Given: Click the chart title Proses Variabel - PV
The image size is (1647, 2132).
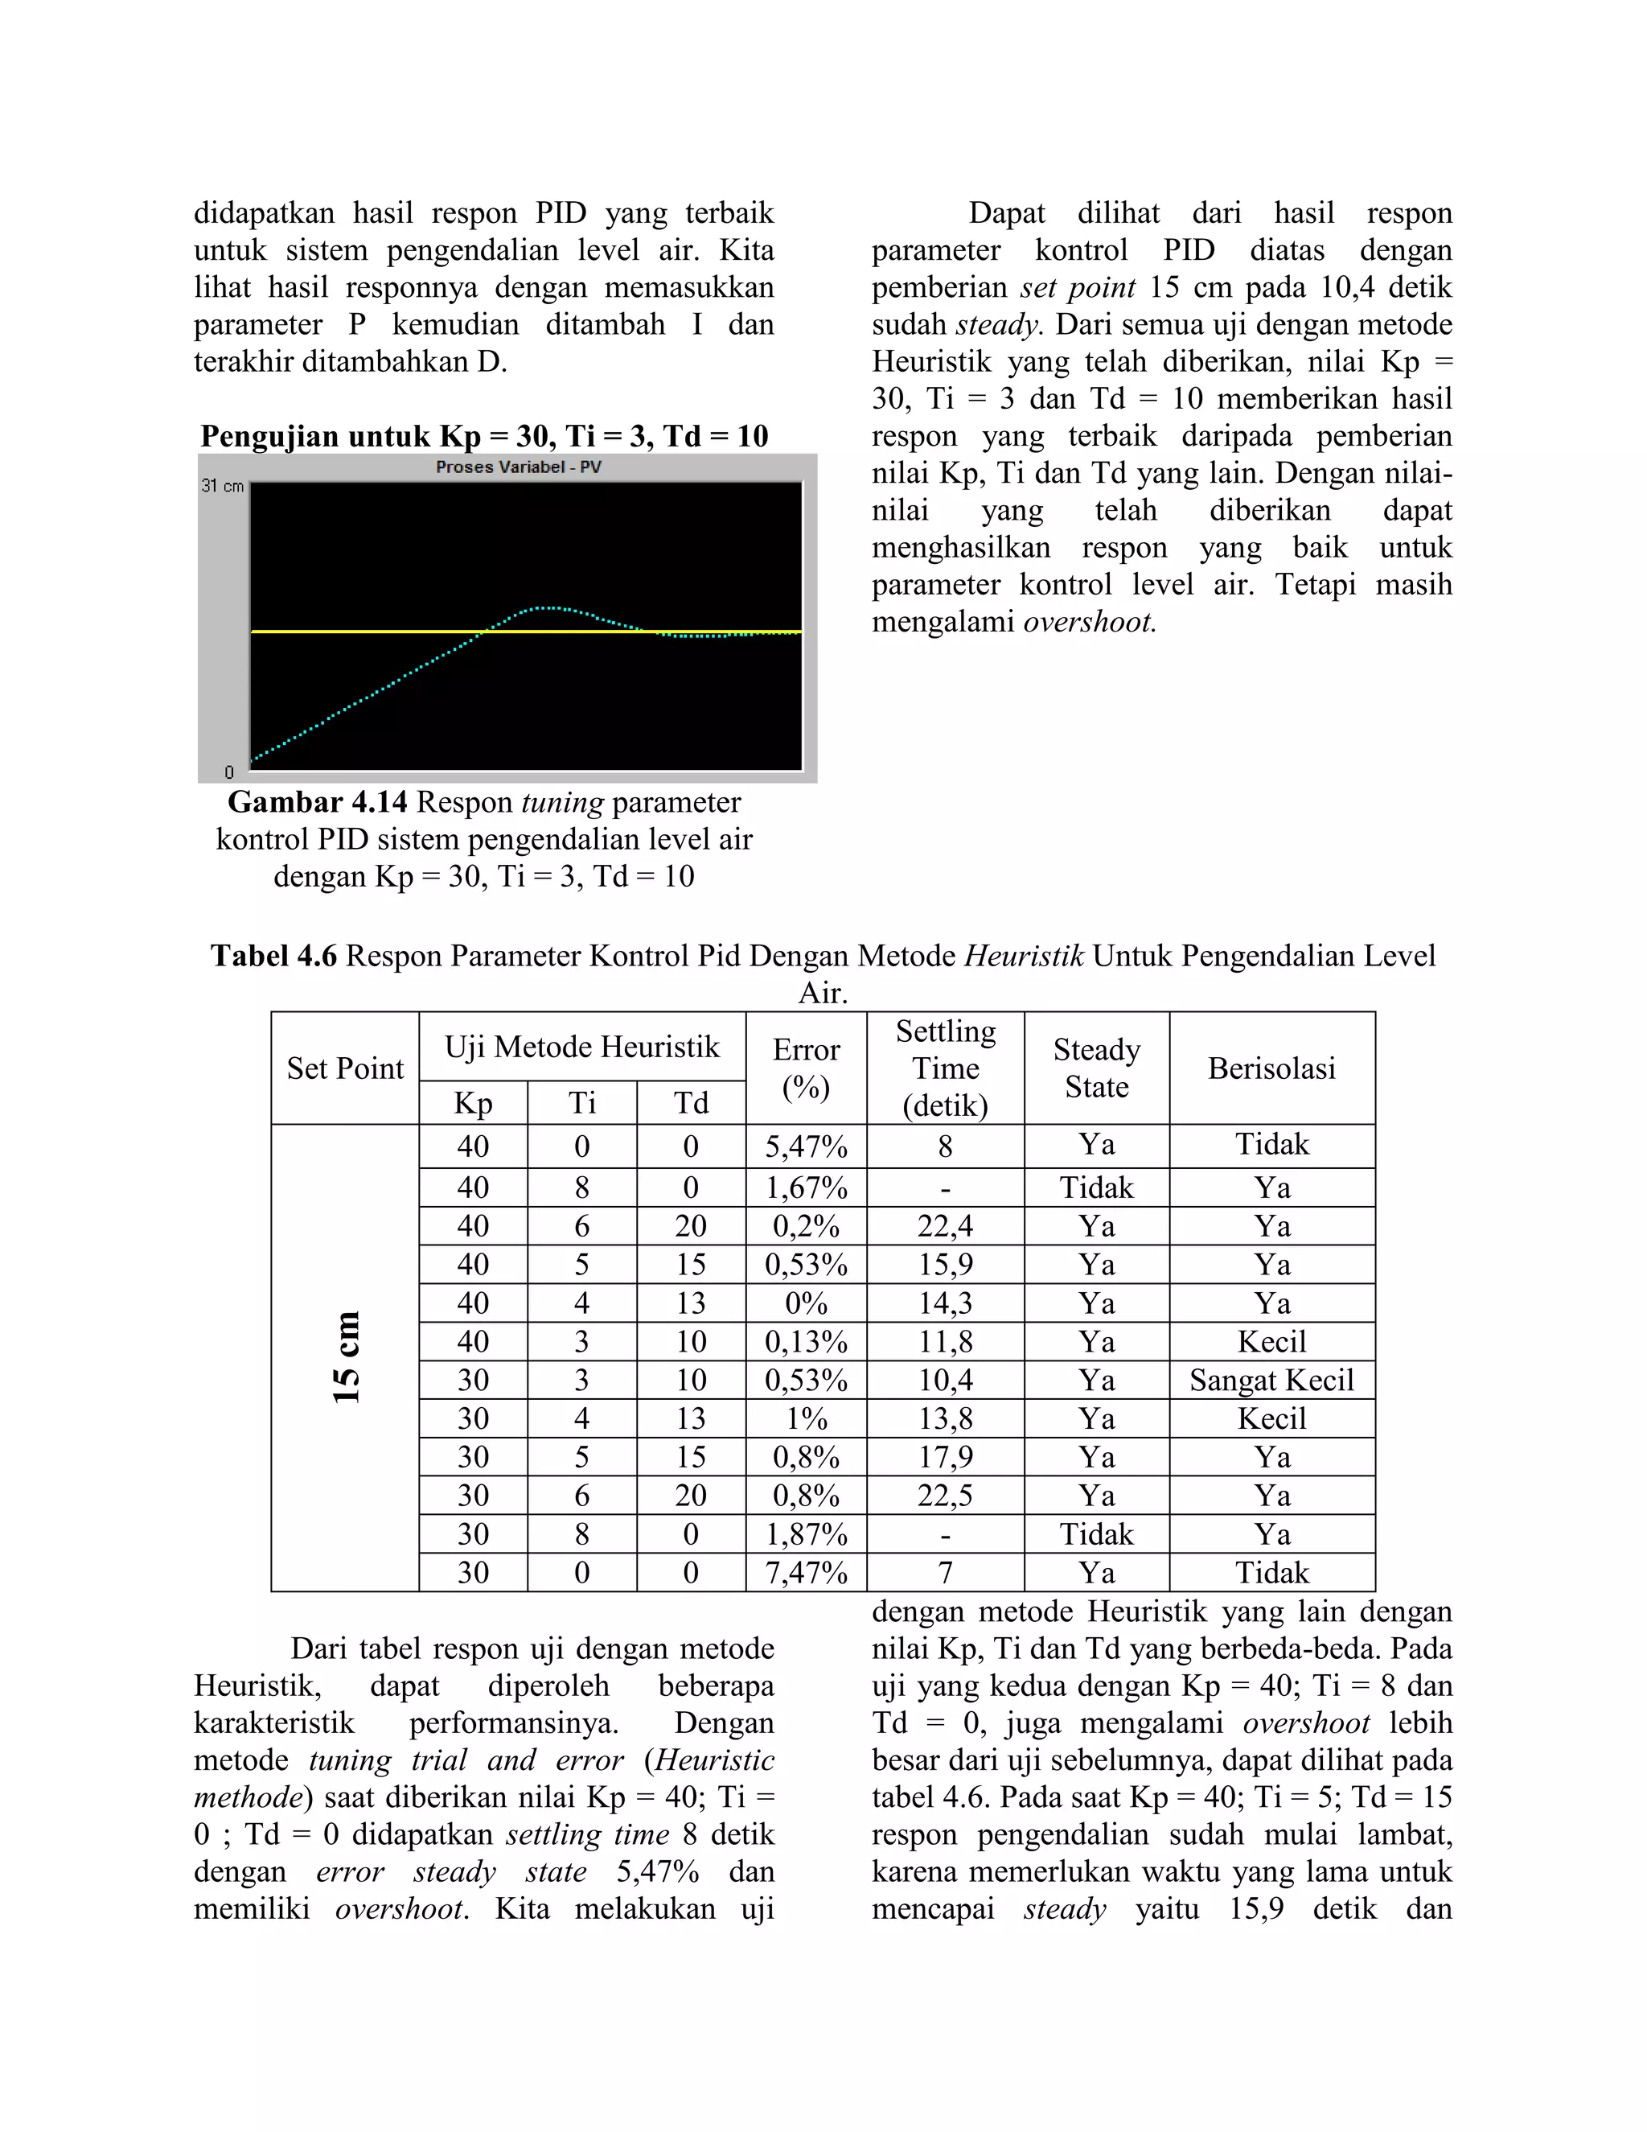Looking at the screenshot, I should pos(518,467).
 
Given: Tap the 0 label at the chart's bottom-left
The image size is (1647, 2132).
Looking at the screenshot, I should pos(229,772).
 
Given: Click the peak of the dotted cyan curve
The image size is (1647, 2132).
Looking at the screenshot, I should pos(548,607).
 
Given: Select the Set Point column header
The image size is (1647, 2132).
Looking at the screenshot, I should pos(344,1068).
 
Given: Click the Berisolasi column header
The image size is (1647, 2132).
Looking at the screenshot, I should pos(1271,1068).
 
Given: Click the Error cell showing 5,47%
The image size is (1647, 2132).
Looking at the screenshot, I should pos(805,1146).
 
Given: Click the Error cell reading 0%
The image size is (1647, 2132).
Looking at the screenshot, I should pos(805,1303).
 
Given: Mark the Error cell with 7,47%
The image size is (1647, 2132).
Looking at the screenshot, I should pos(805,1573).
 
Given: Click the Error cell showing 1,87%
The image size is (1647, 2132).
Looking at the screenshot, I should pos(805,1534).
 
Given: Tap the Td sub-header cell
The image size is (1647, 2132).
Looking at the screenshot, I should pos(691,1103).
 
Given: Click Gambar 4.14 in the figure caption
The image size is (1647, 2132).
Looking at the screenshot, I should pos(317,802).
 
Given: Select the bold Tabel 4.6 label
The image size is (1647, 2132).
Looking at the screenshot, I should pos(273,956).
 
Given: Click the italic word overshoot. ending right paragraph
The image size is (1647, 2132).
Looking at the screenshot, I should pos(1089,622).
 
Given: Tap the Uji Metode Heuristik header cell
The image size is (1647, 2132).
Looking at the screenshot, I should pos(581,1047).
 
